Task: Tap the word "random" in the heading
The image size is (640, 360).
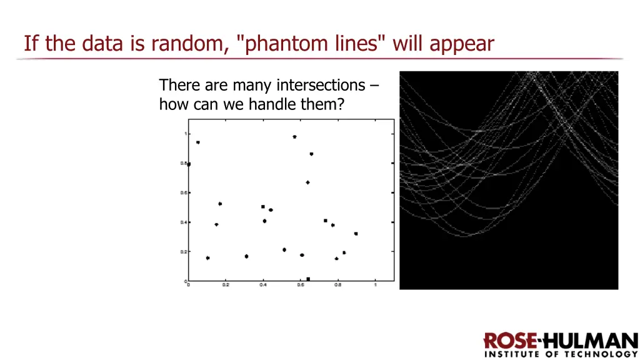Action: (190, 44)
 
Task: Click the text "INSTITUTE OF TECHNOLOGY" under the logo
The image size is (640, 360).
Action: (561, 354)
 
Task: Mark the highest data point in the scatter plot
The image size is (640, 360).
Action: (294, 136)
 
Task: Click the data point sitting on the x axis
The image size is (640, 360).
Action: (308, 279)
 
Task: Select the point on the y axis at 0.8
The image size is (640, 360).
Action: (189, 164)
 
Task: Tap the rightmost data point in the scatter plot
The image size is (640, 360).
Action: (356, 233)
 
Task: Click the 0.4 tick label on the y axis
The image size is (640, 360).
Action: (184, 222)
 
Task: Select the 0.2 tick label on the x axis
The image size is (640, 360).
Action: (226, 285)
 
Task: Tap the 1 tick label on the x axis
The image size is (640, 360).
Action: (375, 285)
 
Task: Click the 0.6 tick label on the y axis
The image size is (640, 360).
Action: (184, 192)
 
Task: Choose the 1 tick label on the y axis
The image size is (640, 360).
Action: (186, 134)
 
